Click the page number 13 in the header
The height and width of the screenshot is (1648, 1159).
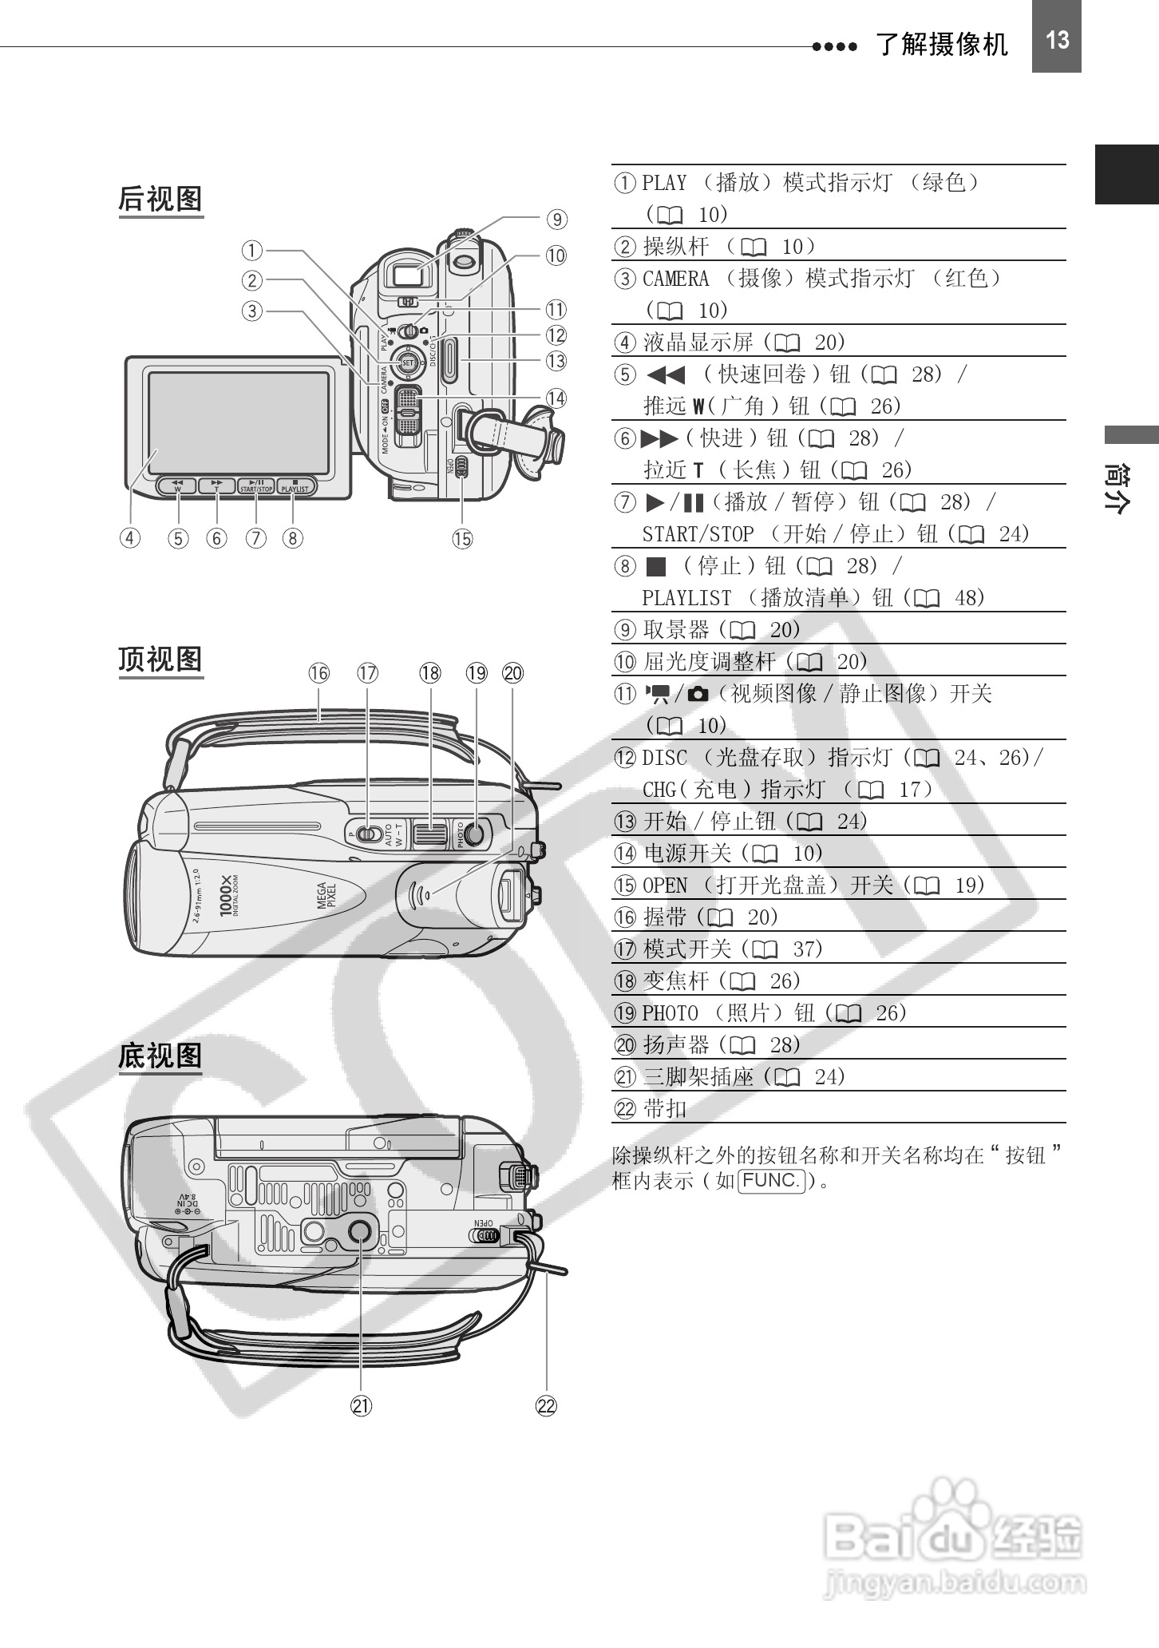tap(1056, 40)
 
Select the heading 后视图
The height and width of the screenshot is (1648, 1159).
tap(160, 199)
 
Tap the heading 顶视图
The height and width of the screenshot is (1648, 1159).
tap(160, 660)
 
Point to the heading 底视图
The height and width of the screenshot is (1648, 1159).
tap(160, 1056)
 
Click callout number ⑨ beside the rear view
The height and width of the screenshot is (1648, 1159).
tap(556, 219)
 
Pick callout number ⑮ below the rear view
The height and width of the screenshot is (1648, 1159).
tap(462, 539)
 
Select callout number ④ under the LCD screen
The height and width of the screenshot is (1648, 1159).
tap(130, 538)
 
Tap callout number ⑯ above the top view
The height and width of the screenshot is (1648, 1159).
tap(318, 673)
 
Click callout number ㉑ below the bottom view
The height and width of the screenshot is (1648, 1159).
tap(362, 1406)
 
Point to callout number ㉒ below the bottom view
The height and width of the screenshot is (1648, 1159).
tap(546, 1406)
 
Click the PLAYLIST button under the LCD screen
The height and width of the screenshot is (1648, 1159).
tap(295, 485)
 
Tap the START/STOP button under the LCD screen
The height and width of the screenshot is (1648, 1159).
tap(256, 485)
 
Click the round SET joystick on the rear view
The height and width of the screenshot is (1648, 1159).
tap(408, 363)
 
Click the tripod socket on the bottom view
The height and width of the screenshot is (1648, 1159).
tap(358, 1230)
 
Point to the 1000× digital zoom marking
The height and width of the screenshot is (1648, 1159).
tap(227, 895)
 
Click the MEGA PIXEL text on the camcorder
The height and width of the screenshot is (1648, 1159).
tap(326, 895)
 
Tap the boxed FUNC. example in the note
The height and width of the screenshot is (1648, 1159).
tap(771, 1180)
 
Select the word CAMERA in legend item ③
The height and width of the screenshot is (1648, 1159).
tap(675, 279)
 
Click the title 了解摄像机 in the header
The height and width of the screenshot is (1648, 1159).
tap(942, 44)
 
